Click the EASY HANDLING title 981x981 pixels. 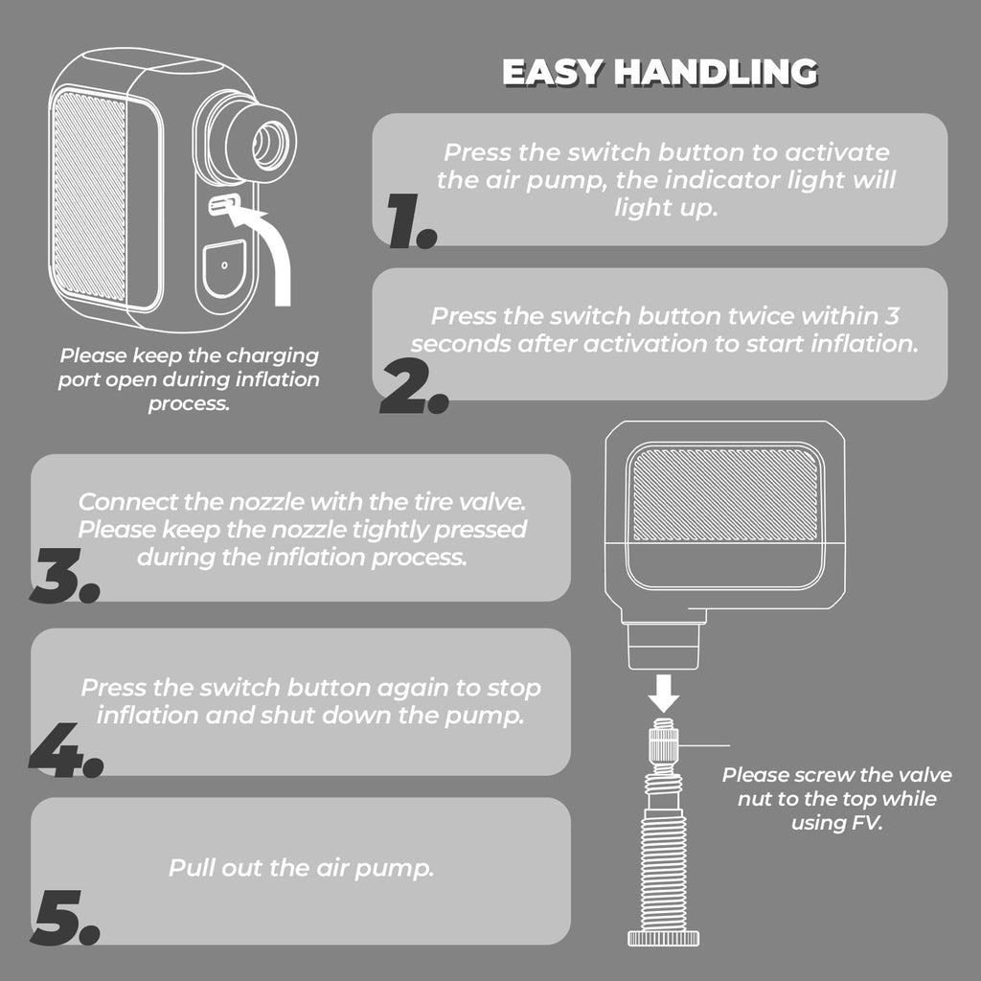pos(660,72)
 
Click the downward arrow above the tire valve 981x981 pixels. pos(663,694)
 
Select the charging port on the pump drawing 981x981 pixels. pos(223,204)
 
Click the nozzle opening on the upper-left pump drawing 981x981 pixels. pos(271,146)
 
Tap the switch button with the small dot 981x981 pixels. pos(224,268)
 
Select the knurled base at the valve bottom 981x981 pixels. pos(663,938)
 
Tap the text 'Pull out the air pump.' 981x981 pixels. pos(301,868)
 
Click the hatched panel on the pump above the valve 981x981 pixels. pos(726,495)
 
